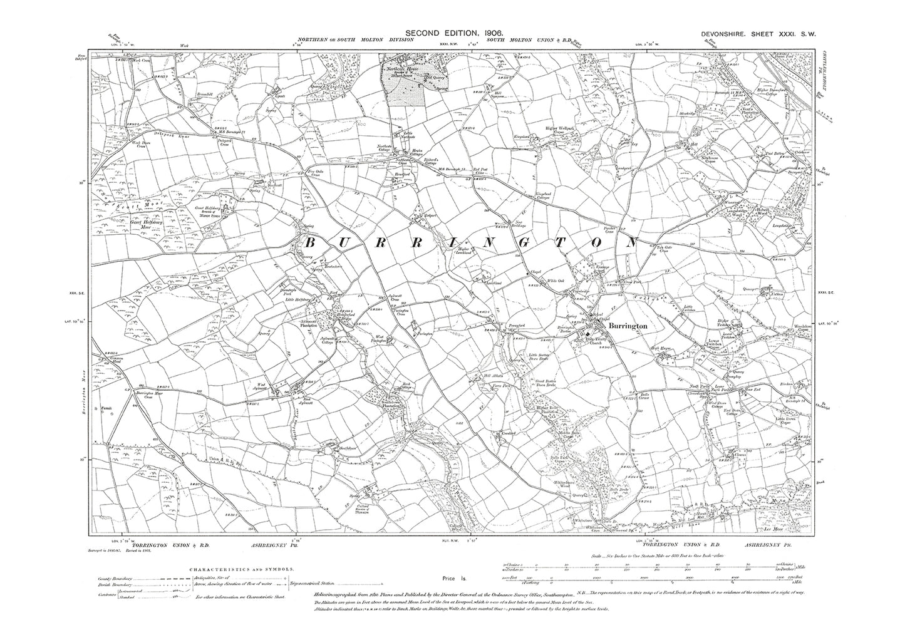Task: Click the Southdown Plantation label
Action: [378, 403]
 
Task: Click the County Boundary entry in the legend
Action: [115, 579]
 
